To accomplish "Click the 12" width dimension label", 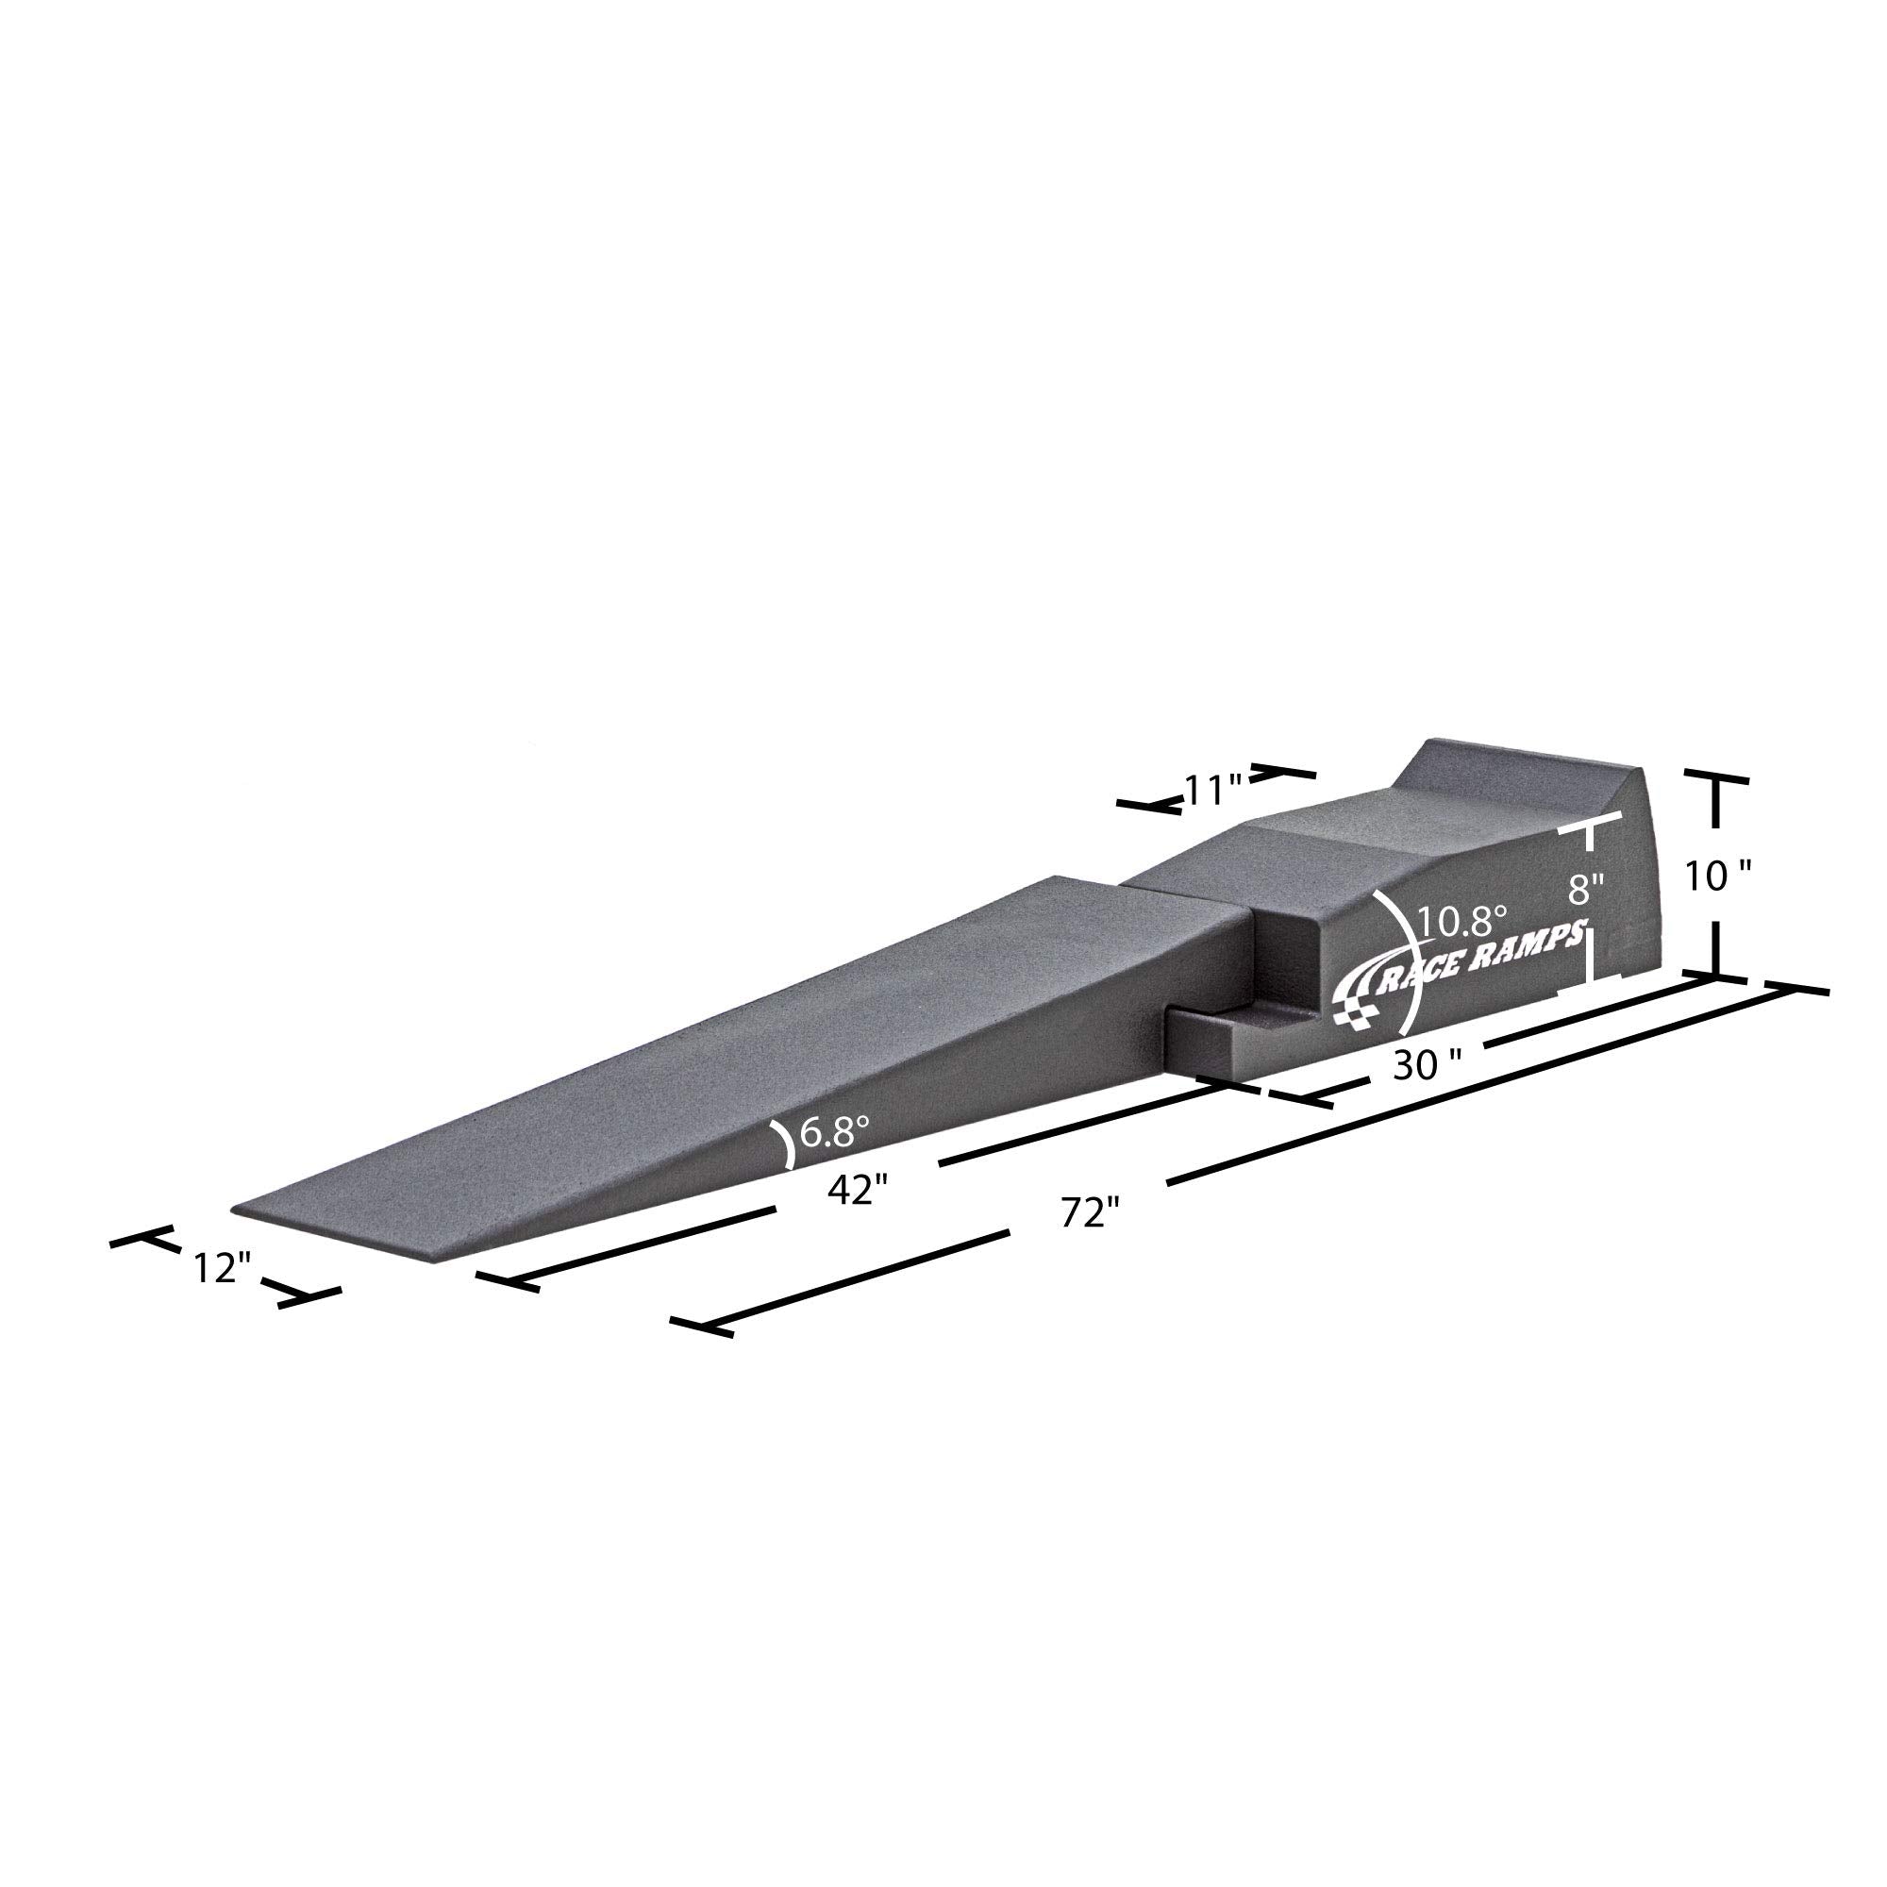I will pyautogui.click(x=223, y=1269).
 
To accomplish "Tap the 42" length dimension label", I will pyautogui.click(x=857, y=1190).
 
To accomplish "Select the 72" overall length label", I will pyautogui.click(x=1088, y=1214).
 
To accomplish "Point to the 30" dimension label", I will pyautogui.click(x=1427, y=1066).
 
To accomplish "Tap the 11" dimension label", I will pyautogui.click(x=1212, y=789).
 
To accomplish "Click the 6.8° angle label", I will pyautogui.click(x=835, y=1132).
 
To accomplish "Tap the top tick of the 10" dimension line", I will pyautogui.click(x=1716, y=781).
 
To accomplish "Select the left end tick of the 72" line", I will pyautogui.click(x=702, y=1327).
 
